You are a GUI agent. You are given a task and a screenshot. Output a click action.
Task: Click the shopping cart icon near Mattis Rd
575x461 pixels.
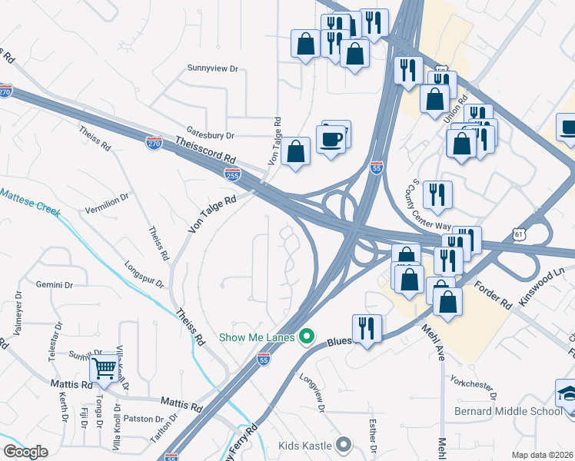tap(104, 368)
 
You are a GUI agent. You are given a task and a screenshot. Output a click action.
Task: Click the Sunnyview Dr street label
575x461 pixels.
tap(213, 68)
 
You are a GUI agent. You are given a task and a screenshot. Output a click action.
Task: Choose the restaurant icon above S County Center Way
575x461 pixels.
tap(437, 194)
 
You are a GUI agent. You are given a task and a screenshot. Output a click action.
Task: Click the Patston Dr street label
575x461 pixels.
tap(139, 419)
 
